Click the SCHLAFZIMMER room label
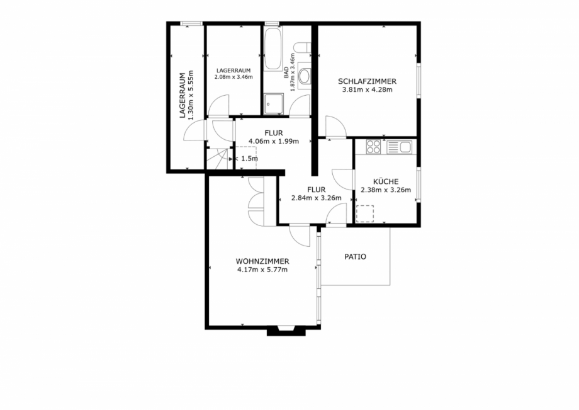pyautogui.click(x=367, y=81)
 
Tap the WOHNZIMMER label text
pyautogui.click(x=262, y=261)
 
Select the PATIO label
pyautogui.click(x=355, y=257)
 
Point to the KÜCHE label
pyautogui.click(x=385, y=181)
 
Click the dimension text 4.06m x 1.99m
pyautogui.click(x=273, y=141)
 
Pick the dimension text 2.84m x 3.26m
pyautogui.click(x=316, y=198)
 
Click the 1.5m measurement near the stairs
pyautogui.click(x=249, y=159)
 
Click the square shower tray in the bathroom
pyautogui.click(x=274, y=103)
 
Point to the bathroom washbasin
pyautogui.click(x=305, y=77)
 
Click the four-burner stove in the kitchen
pyautogui.click(x=373, y=147)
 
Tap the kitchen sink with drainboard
pyautogui.click(x=399, y=147)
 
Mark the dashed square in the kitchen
pyautogui.click(x=366, y=214)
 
